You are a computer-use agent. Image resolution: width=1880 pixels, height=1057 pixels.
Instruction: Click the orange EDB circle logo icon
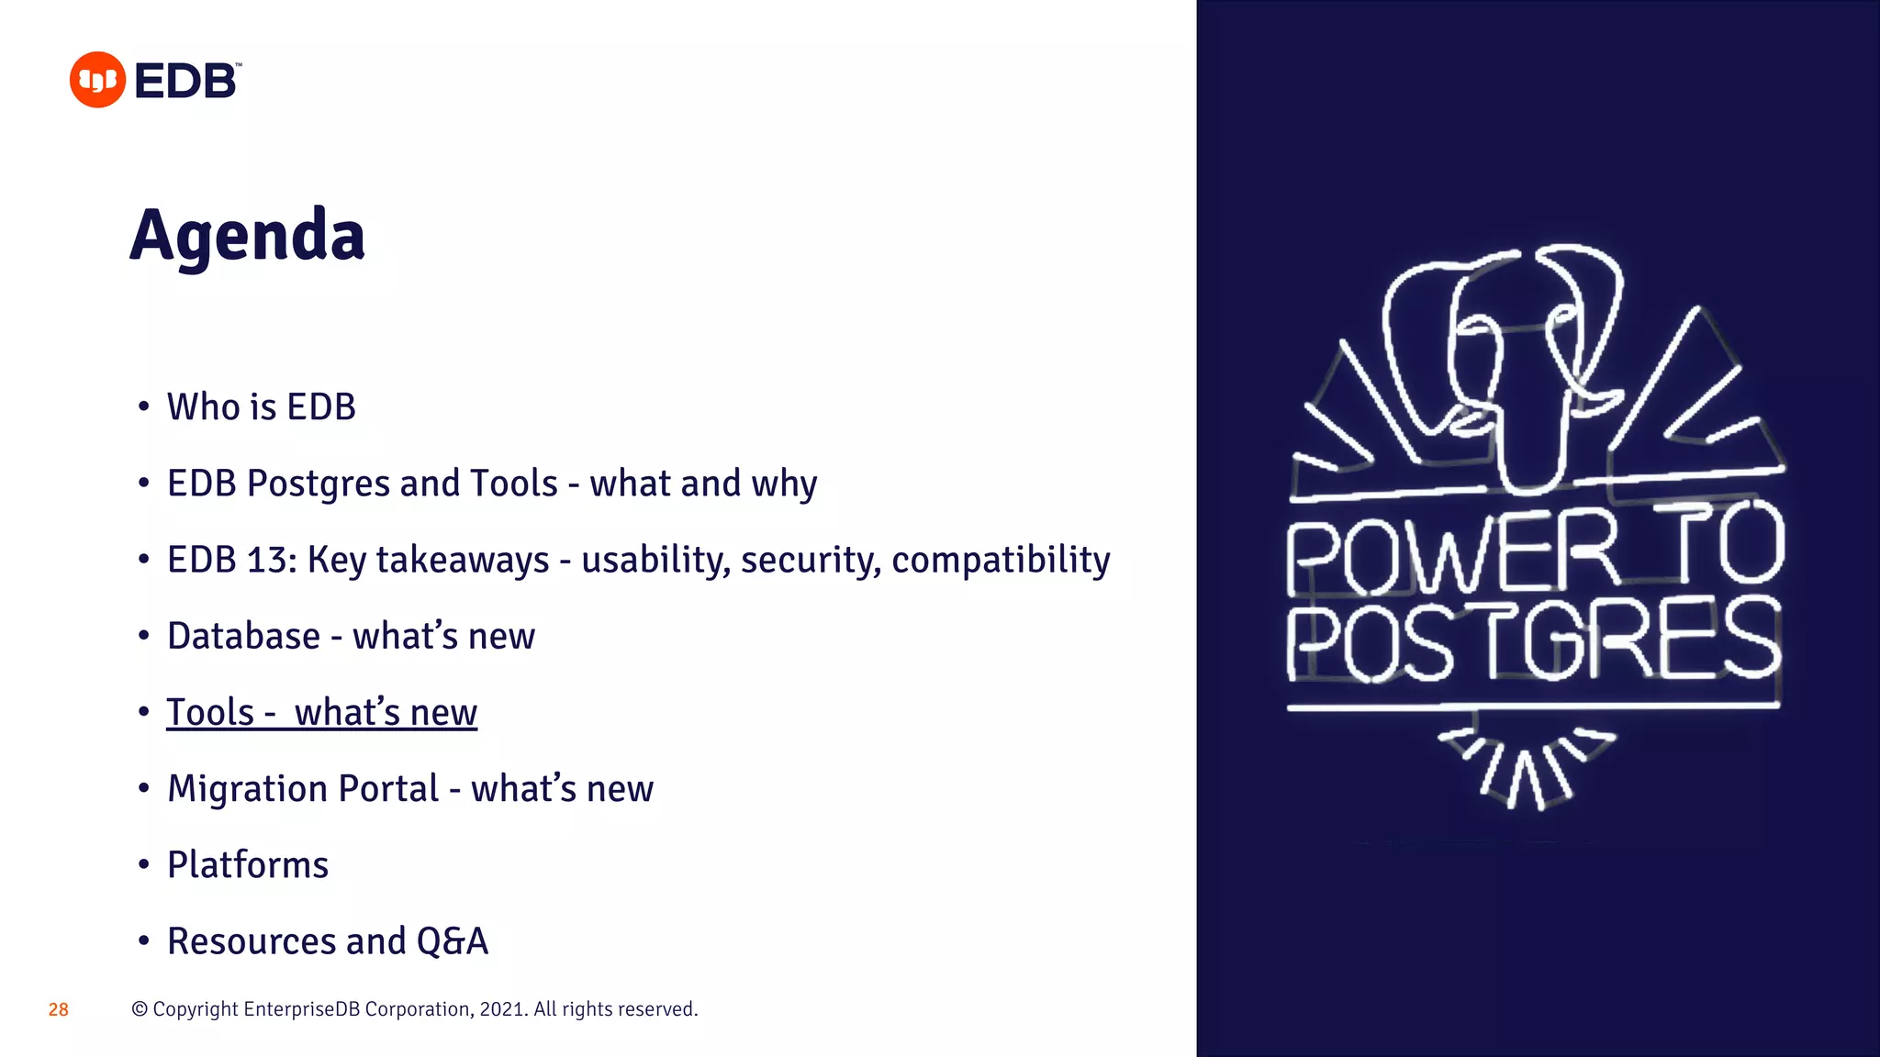click(97, 80)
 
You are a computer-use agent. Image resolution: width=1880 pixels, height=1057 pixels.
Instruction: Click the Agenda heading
click(248, 236)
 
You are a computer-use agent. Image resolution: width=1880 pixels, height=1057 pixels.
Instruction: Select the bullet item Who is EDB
click(261, 407)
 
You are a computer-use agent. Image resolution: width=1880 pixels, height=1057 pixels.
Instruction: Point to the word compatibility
click(1001, 560)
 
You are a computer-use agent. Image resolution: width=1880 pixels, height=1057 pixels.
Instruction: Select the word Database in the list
click(243, 636)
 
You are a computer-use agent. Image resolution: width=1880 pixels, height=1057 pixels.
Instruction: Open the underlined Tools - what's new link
click(321, 713)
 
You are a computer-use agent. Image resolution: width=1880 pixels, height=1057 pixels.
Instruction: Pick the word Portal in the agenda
click(389, 789)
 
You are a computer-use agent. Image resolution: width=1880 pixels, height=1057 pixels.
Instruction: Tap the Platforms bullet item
click(248, 865)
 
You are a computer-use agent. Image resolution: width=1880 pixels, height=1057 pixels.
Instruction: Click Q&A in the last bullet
click(452, 941)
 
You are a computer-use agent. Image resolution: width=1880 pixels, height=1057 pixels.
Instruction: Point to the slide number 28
click(59, 1010)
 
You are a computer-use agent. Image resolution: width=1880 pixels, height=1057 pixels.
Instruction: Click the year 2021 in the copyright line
click(501, 1009)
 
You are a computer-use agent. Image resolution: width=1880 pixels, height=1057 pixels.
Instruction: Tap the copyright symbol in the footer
click(140, 1009)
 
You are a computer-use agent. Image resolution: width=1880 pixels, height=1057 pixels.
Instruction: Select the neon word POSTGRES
click(1533, 640)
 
